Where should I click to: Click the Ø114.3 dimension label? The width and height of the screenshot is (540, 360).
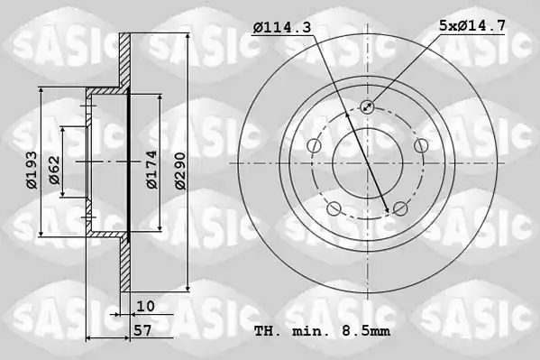click(x=281, y=27)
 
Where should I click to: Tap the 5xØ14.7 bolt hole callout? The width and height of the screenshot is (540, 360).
click(x=472, y=25)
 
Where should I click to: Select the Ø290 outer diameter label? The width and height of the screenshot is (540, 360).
click(x=179, y=171)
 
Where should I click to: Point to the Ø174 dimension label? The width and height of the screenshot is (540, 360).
click(x=151, y=170)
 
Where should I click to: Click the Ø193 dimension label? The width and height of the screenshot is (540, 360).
click(x=32, y=170)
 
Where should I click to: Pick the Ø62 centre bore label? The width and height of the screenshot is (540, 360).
click(x=54, y=171)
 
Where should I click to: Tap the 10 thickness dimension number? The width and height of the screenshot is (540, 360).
click(x=146, y=306)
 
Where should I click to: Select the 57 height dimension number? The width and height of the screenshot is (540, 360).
click(x=142, y=331)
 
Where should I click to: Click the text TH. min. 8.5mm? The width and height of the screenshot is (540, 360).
click(x=322, y=331)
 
